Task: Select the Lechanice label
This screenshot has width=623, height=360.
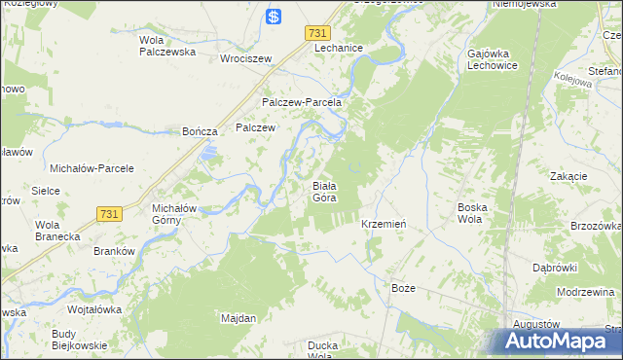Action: coord(339,48)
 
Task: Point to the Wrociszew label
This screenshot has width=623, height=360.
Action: coord(244,57)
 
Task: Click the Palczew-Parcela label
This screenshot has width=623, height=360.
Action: coord(301,102)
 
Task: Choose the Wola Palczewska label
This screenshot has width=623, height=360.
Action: coord(167,46)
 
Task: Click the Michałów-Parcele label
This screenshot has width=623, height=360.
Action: coord(98,168)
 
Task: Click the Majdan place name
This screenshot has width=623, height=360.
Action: coord(238,318)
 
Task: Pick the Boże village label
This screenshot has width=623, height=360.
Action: coord(403,289)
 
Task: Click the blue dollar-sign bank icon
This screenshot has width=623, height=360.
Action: coord(275,17)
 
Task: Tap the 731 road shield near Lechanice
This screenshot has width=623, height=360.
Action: coord(316,33)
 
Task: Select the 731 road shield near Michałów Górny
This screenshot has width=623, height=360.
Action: coord(109,213)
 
